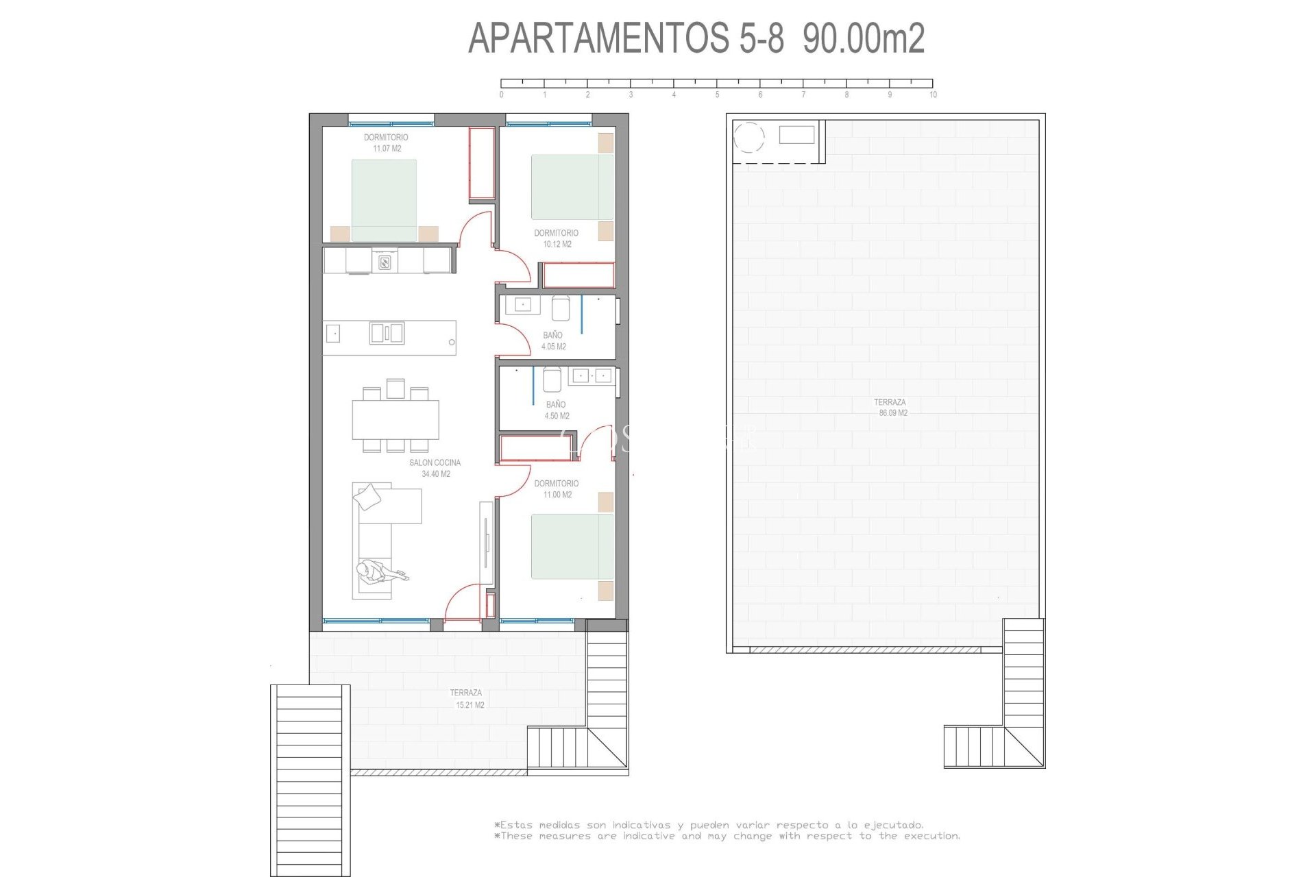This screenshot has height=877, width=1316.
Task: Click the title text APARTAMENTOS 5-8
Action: pos(626,38)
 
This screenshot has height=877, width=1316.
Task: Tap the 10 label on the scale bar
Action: pos(932,95)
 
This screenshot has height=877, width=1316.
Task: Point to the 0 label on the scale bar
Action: pos(501,95)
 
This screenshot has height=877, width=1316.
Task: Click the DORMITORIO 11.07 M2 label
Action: pos(386,143)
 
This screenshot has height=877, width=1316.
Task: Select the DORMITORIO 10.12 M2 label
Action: pos(556,238)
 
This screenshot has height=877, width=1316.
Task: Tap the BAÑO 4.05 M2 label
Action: pos(553,341)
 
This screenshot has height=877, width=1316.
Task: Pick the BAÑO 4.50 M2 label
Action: pos(556,410)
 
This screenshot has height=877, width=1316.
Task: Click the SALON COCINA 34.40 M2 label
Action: pos(435,468)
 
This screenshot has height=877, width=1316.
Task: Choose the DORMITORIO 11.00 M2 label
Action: pos(557,489)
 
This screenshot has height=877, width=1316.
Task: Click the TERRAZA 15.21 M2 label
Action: pos(467,699)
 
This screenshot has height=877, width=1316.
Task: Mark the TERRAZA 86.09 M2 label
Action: pos(890,408)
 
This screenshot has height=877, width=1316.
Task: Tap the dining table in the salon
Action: pos(395,419)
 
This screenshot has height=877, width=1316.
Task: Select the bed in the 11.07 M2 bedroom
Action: pos(384,200)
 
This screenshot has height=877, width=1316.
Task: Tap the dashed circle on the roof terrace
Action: pos(748,137)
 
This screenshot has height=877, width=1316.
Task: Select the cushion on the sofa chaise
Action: pos(368,496)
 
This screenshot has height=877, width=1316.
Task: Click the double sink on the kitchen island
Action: pos(387,333)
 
